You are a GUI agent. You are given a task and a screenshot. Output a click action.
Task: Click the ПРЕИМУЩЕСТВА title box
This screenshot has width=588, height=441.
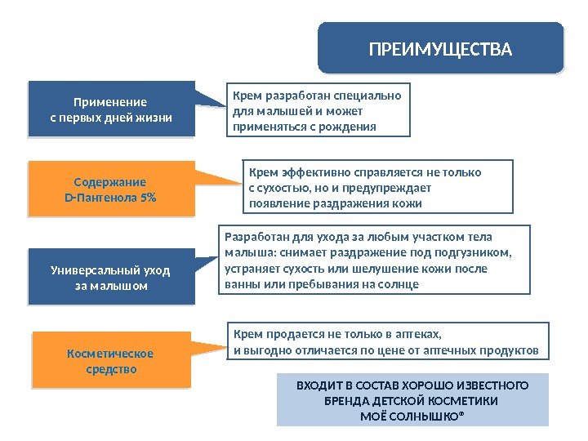(x=440, y=50)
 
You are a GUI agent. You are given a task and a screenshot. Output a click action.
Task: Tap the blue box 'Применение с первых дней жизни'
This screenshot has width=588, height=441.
(x=111, y=109)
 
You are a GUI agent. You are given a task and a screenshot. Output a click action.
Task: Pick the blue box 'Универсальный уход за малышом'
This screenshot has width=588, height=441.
(x=111, y=278)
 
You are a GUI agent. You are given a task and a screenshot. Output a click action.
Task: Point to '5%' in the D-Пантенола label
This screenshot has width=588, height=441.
(x=147, y=198)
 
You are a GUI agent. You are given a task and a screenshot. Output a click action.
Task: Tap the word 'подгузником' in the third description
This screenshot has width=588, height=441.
(x=475, y=252)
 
